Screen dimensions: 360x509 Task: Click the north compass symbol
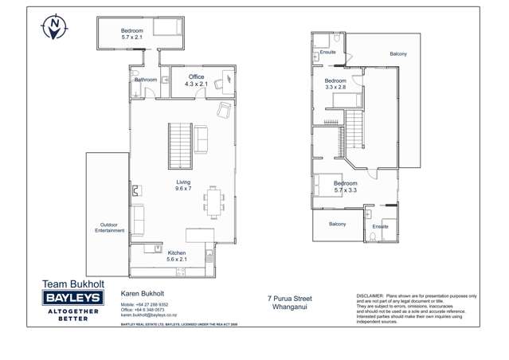(x=53, y=27)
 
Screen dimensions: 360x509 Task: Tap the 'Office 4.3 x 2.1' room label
(x=196, y=80)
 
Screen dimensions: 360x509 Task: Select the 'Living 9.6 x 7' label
(x=183, y=186)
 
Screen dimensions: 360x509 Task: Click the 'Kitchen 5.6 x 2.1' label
(x=176, y=256)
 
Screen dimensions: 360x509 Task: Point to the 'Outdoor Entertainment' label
(x=109, y=228)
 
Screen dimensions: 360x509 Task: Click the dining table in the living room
(x=213, y=201)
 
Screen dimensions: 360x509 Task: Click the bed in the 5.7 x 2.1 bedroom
(x=168, y=29)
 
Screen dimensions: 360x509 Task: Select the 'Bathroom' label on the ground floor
(x=146, y=80)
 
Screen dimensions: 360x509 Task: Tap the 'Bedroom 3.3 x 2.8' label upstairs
(x=335, y=84)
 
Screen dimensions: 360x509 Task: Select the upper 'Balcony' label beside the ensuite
(x=397, y=54)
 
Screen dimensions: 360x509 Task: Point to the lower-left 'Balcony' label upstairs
(x=338, y=225)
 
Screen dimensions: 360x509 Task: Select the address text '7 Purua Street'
(x=289, y=299)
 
